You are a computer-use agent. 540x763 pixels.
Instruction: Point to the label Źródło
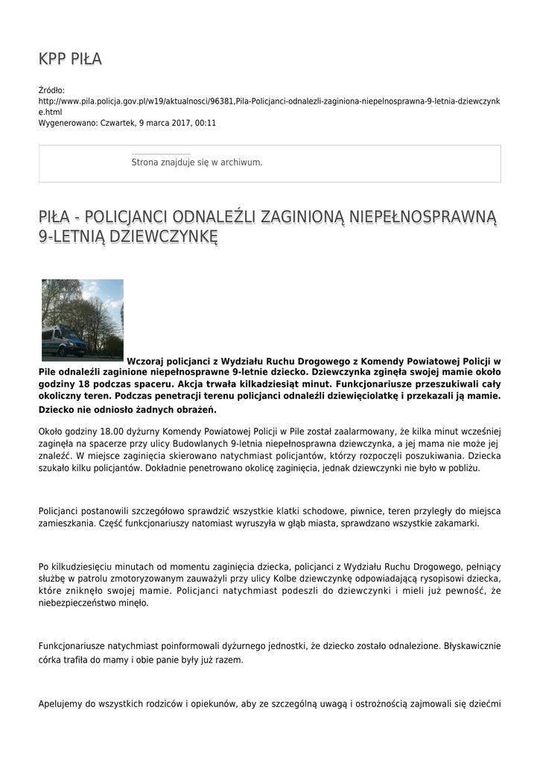[51, 90]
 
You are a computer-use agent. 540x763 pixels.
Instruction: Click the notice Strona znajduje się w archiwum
[197, 162]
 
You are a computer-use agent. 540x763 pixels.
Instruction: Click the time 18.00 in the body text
[98, 431]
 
